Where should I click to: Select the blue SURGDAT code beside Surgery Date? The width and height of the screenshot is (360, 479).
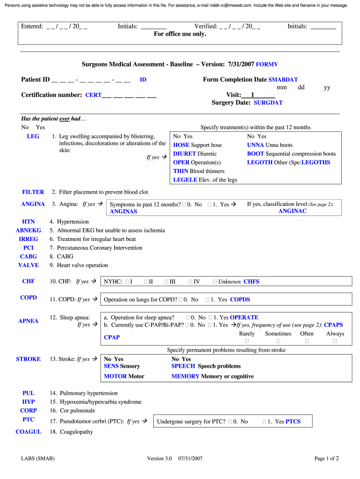click(268, 103)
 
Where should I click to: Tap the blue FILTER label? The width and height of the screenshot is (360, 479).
click(33, 192)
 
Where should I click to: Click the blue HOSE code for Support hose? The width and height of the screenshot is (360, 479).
click(181, 145)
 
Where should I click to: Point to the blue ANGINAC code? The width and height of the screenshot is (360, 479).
click(292, 211)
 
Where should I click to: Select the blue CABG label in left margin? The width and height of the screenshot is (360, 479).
click(29, 257)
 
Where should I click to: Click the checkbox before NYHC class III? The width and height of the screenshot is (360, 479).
click(166, 282)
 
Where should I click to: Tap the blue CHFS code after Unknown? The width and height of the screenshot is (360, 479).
click(251, 282)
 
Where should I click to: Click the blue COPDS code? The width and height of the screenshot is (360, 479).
click(240, 300)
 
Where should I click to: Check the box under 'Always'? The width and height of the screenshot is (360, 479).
click(335, 341)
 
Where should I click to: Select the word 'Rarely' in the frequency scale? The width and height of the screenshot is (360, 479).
click(247, 334)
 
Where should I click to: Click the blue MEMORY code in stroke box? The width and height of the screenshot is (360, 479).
click(185, 377)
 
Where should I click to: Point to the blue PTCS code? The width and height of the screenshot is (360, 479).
click(293, 422)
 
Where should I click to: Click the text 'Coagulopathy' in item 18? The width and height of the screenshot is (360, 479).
click(76, 432)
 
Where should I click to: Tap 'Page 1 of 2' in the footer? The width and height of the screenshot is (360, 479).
click(326, 459)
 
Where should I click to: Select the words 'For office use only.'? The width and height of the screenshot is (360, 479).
click(180, 34)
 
